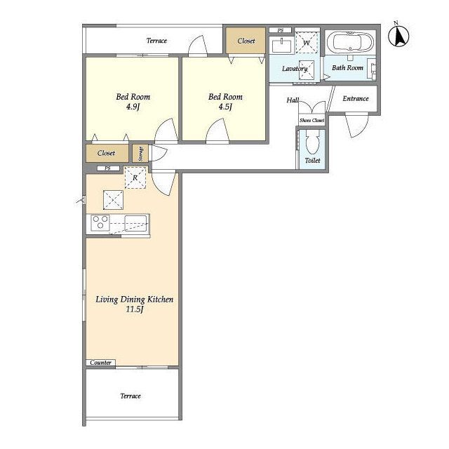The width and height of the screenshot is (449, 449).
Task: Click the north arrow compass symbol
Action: coord(398,36)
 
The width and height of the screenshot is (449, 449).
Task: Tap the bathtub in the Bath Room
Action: coord(350,43)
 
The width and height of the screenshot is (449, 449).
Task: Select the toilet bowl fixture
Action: coord(312,141)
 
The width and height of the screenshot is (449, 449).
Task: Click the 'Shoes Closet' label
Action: coord(311,120)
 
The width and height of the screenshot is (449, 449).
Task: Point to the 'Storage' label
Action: coord(140,154)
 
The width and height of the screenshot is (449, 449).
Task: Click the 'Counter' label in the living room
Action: coord(100,363)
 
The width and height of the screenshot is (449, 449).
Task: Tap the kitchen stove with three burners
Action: coord(100,222)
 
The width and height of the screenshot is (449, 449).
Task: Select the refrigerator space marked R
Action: coord(135,177)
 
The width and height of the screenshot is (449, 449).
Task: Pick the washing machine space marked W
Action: coord(307,43)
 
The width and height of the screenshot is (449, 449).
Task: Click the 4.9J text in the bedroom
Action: coord(133,107)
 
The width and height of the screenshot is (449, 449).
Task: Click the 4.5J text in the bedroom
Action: coord(225,107)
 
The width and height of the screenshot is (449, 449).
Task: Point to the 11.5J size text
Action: coord(134,309)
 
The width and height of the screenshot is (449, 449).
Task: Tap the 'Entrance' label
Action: coord(356,98)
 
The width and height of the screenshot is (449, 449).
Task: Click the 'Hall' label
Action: coord(293,100)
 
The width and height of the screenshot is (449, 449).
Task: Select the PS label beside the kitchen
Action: coord(107,168)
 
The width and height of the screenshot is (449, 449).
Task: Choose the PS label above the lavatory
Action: coord(281,30)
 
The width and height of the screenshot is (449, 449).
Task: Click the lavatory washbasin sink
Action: coord(282,46)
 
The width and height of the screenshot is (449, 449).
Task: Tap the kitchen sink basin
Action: coord(135,222)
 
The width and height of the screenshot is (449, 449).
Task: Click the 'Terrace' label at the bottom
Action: coord(130,396)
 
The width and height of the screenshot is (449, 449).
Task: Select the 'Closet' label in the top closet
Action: coord(246,41)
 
